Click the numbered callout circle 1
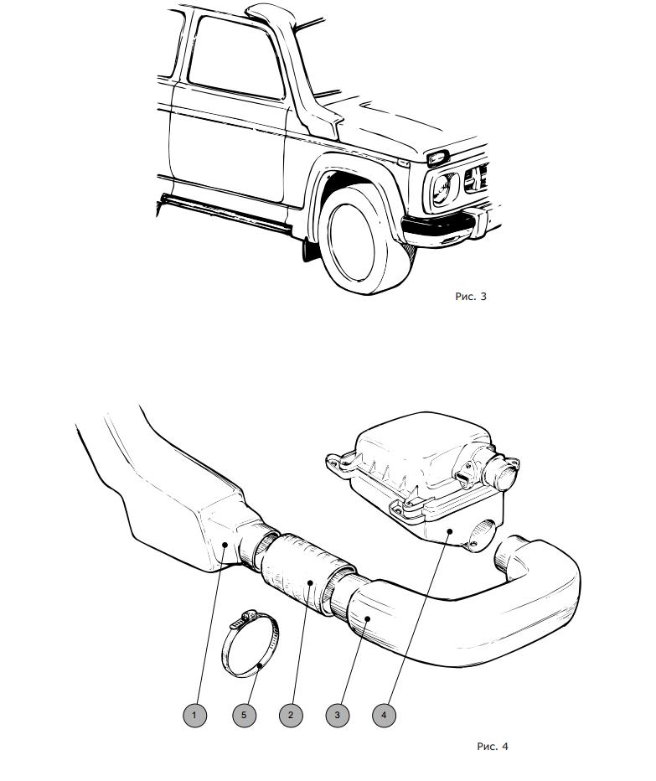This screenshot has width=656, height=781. tap(194, 716)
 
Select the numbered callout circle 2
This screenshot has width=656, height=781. tap(291, 716)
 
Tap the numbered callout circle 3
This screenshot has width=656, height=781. tap(337, 716)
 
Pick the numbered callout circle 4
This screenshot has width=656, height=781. tap(384, 716)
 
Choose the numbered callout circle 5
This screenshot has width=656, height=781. tap(244, 716)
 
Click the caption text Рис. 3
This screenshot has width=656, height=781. tap(471, 297)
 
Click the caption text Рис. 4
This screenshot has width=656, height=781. tap(493, 746)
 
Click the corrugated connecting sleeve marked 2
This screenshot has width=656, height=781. tap(307, 573)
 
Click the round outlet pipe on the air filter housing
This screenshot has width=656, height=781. tap(502, 473)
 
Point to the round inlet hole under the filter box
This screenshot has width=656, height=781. tap(483, 534)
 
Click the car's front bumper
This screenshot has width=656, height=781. tap(448, 226)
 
